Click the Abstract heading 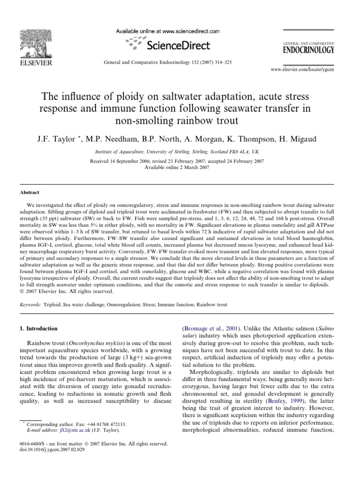tap(29, 192)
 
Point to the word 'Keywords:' tap(30, 305)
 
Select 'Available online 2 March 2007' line tap(177, 167)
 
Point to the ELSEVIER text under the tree tap(27, 61)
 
